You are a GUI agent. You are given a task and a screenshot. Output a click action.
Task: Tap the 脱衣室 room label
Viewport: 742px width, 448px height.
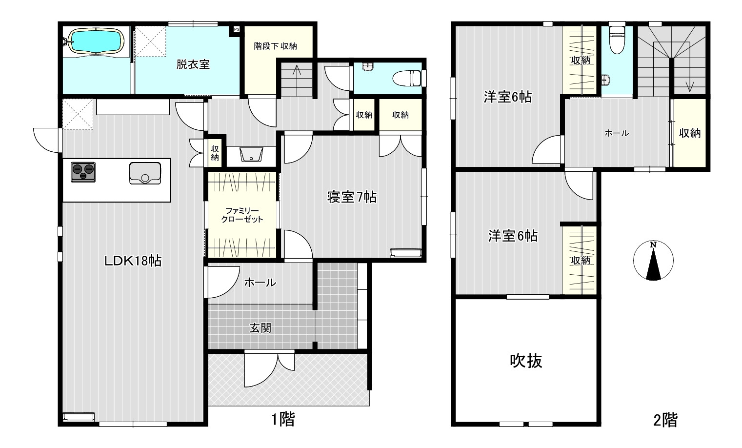coord(193,64)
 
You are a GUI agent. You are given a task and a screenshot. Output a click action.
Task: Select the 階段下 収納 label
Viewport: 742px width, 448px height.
coord(275,46)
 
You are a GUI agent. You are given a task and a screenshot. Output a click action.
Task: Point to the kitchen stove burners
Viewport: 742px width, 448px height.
coord(83,172)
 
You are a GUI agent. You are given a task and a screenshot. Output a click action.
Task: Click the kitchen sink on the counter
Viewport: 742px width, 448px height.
coord(145,173)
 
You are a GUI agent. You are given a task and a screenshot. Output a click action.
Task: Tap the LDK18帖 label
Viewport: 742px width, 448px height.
coord(133,261)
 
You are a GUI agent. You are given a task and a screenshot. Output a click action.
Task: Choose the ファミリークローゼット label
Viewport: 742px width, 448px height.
coord(242,215)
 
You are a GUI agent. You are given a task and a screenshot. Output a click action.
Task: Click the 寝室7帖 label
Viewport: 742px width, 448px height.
coord(352,197)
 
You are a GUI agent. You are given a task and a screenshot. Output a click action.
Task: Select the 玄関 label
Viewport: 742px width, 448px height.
coord(261,328)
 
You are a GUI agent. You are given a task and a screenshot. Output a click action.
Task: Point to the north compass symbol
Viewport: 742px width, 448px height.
coord(653,261)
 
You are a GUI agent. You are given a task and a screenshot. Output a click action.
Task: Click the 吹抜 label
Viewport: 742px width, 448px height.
coord(526,361)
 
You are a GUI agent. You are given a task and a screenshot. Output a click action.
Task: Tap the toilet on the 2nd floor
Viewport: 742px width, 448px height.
coord(617,40)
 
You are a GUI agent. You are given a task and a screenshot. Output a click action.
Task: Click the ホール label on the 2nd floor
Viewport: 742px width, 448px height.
coord(617,133)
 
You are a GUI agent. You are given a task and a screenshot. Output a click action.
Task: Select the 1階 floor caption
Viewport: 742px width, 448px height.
coord(283,420)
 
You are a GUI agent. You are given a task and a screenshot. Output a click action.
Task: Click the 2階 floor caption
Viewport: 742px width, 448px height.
coord(665,420)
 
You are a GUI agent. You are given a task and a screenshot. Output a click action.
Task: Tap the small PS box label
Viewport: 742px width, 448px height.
coord(236,29)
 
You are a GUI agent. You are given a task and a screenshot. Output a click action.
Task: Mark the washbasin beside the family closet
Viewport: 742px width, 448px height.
coord(251,155)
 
